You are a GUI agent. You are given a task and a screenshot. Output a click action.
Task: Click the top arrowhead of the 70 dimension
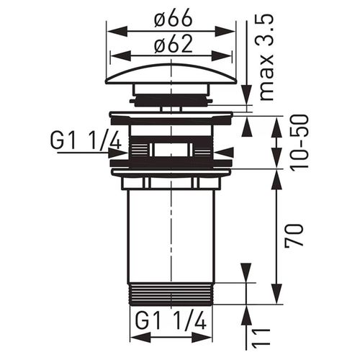tap(276, 177)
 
